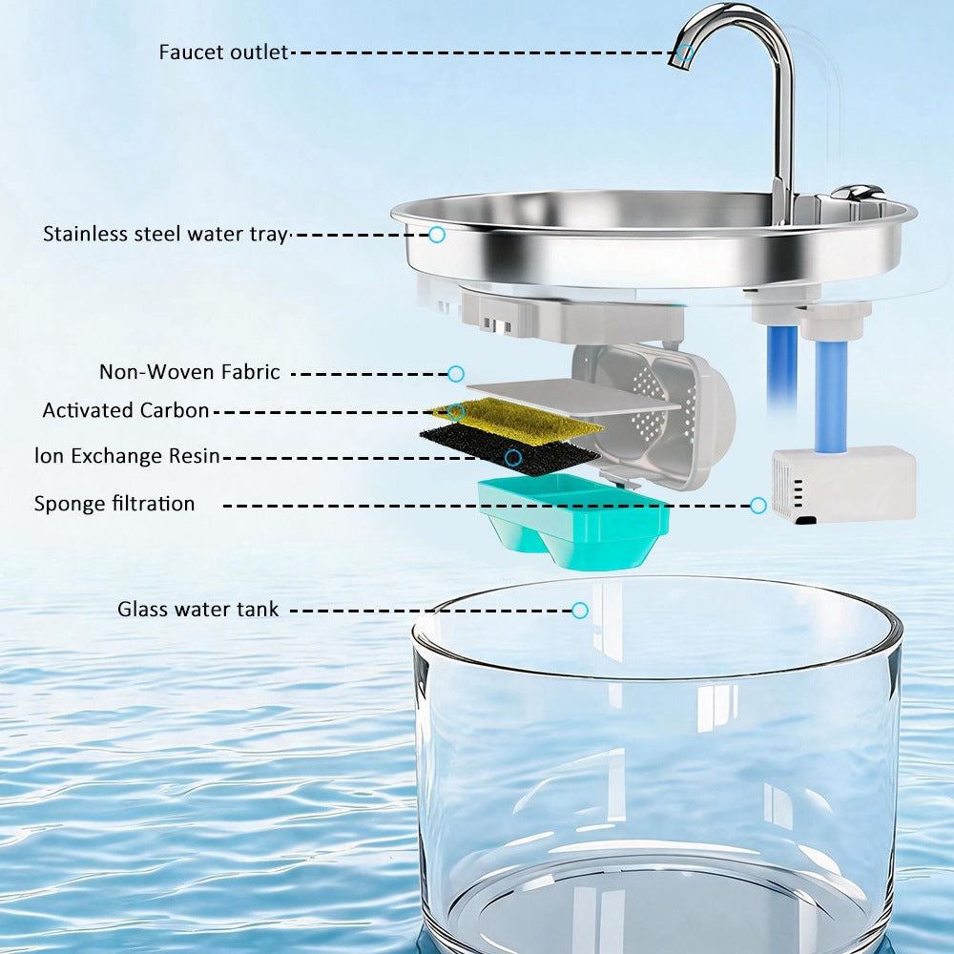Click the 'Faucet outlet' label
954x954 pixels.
223,52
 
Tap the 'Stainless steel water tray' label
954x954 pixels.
165,235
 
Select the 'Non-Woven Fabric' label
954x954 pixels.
190,372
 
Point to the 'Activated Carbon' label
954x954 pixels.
126,410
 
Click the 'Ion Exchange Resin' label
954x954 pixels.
127,456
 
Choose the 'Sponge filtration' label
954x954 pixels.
114,504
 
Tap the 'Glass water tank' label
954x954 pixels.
197,609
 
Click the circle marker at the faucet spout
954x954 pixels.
686,52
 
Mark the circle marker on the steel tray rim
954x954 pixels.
437,235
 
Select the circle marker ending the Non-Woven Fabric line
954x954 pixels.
456,374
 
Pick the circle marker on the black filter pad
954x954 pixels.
513,458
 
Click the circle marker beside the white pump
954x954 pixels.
758,505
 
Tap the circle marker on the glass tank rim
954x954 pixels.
580,611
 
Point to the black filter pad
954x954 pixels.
509,450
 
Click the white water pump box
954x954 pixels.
844,484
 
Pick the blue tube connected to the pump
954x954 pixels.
830,397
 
